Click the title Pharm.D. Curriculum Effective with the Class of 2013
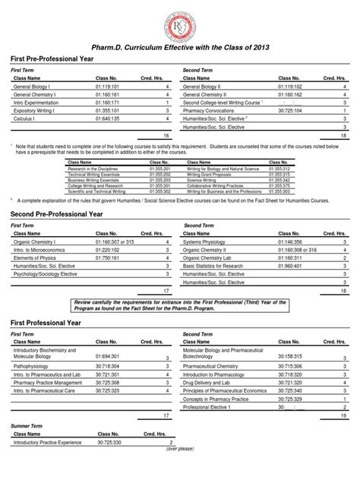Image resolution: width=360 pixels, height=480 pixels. click(x=179, y=48)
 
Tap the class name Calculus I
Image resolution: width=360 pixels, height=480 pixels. click(x=27, y=118)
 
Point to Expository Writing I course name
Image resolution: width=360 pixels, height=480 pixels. click(x=36, y=109)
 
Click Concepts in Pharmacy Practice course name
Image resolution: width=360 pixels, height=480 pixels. click(x=219, y=397)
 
